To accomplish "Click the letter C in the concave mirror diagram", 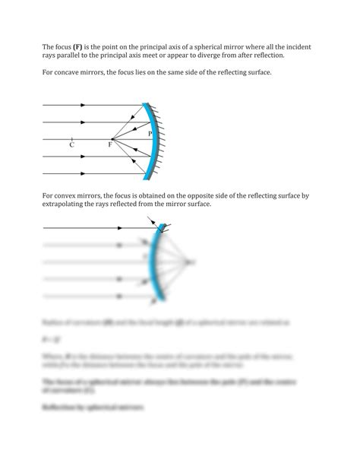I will click(x=71, y=147).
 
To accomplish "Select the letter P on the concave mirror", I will click(x=150, y=134).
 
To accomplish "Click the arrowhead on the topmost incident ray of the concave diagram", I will click(x=83, y=106).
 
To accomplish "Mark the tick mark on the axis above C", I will click(x=71, y=139).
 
